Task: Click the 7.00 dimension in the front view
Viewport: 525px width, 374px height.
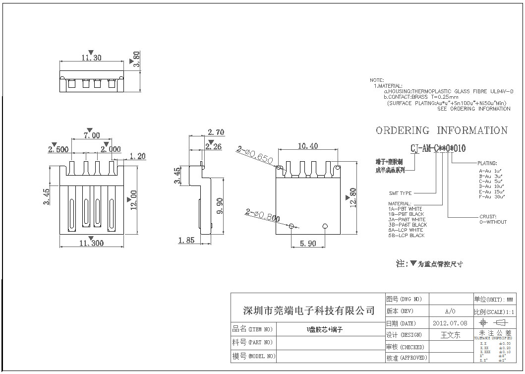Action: (x=91, y=135)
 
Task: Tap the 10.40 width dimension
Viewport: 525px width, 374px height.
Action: (x=308, y=146)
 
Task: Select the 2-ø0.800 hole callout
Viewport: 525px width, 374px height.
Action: (x=263, y=215)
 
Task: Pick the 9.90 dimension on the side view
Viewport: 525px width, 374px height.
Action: (x=222, y=204)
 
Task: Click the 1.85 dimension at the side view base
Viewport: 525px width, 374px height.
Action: (x=186, y=241)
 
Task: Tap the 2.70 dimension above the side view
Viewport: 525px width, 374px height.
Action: (x=216, y=132)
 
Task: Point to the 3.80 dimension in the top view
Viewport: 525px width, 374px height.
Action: (x=137, y=59)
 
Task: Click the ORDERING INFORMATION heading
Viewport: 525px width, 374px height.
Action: (x=442, y=130)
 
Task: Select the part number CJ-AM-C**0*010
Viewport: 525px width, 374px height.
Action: (x=438, y=148)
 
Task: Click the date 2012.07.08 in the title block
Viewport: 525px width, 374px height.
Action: (x=450, y=323)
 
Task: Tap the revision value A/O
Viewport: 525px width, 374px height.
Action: (x=450, y=311)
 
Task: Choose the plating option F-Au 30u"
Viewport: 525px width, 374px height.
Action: (x=492, y=197)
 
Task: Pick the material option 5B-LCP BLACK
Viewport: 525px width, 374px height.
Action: (x=407, y=236)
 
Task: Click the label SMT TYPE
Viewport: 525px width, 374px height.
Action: (x=400, y=193)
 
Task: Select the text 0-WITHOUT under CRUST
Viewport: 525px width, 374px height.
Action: (x=493, y=222)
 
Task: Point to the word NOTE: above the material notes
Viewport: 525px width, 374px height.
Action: (x=377, y=80)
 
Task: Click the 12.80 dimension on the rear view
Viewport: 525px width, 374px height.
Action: (x=353, y=197)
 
